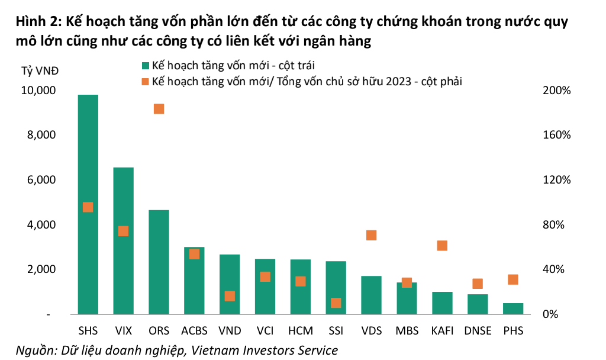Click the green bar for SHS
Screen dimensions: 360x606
coord(88,204)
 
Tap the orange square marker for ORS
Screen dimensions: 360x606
coord(159,109)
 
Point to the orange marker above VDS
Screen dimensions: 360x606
coord(371,235)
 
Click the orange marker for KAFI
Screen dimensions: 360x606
coord(442,246)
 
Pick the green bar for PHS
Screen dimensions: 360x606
coord(512,308)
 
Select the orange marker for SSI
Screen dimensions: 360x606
coord(336,303)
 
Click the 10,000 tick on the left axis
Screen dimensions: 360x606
coord(38,91)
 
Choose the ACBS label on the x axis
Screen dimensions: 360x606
coord(194,330)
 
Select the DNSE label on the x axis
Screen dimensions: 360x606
coord(478,330)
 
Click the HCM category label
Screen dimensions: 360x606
coord(300,330)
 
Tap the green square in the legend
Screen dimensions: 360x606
coord(145,65)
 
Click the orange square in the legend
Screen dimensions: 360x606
coord(145,82)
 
